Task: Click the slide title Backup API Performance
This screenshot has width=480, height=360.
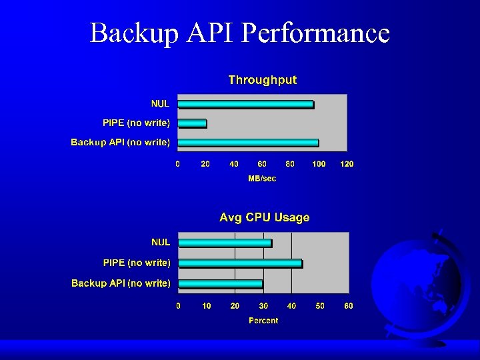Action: [239, 33]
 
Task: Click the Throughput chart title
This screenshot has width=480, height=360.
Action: [262, 80]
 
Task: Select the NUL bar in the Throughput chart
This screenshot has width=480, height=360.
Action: [245, 104]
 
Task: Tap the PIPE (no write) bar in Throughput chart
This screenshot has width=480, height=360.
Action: [192, 123]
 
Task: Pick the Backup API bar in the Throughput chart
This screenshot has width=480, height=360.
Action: [248, 142]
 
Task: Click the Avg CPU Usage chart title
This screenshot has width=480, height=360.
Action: [264, 217]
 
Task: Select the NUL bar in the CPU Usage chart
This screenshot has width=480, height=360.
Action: [225, 243]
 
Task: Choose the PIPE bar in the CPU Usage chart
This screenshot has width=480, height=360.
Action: [240, 263]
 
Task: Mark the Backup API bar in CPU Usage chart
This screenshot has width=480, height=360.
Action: [221, 284]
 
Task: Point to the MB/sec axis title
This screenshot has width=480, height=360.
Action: [262, 179]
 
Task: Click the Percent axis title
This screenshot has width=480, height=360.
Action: [263, 321]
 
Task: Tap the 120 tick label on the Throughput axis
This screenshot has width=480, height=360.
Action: [347, 164]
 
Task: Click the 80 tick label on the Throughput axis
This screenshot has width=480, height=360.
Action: [291, 164]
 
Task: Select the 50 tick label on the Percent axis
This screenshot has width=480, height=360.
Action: [320, 306]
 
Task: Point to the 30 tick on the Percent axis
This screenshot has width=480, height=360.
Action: [263, 306]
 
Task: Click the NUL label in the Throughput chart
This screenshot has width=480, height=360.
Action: [160, 104]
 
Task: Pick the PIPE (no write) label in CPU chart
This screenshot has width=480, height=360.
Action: [137, 263]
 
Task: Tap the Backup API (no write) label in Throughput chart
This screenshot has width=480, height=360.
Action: [121, 142]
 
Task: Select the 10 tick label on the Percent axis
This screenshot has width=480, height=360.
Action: [207, 306]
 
